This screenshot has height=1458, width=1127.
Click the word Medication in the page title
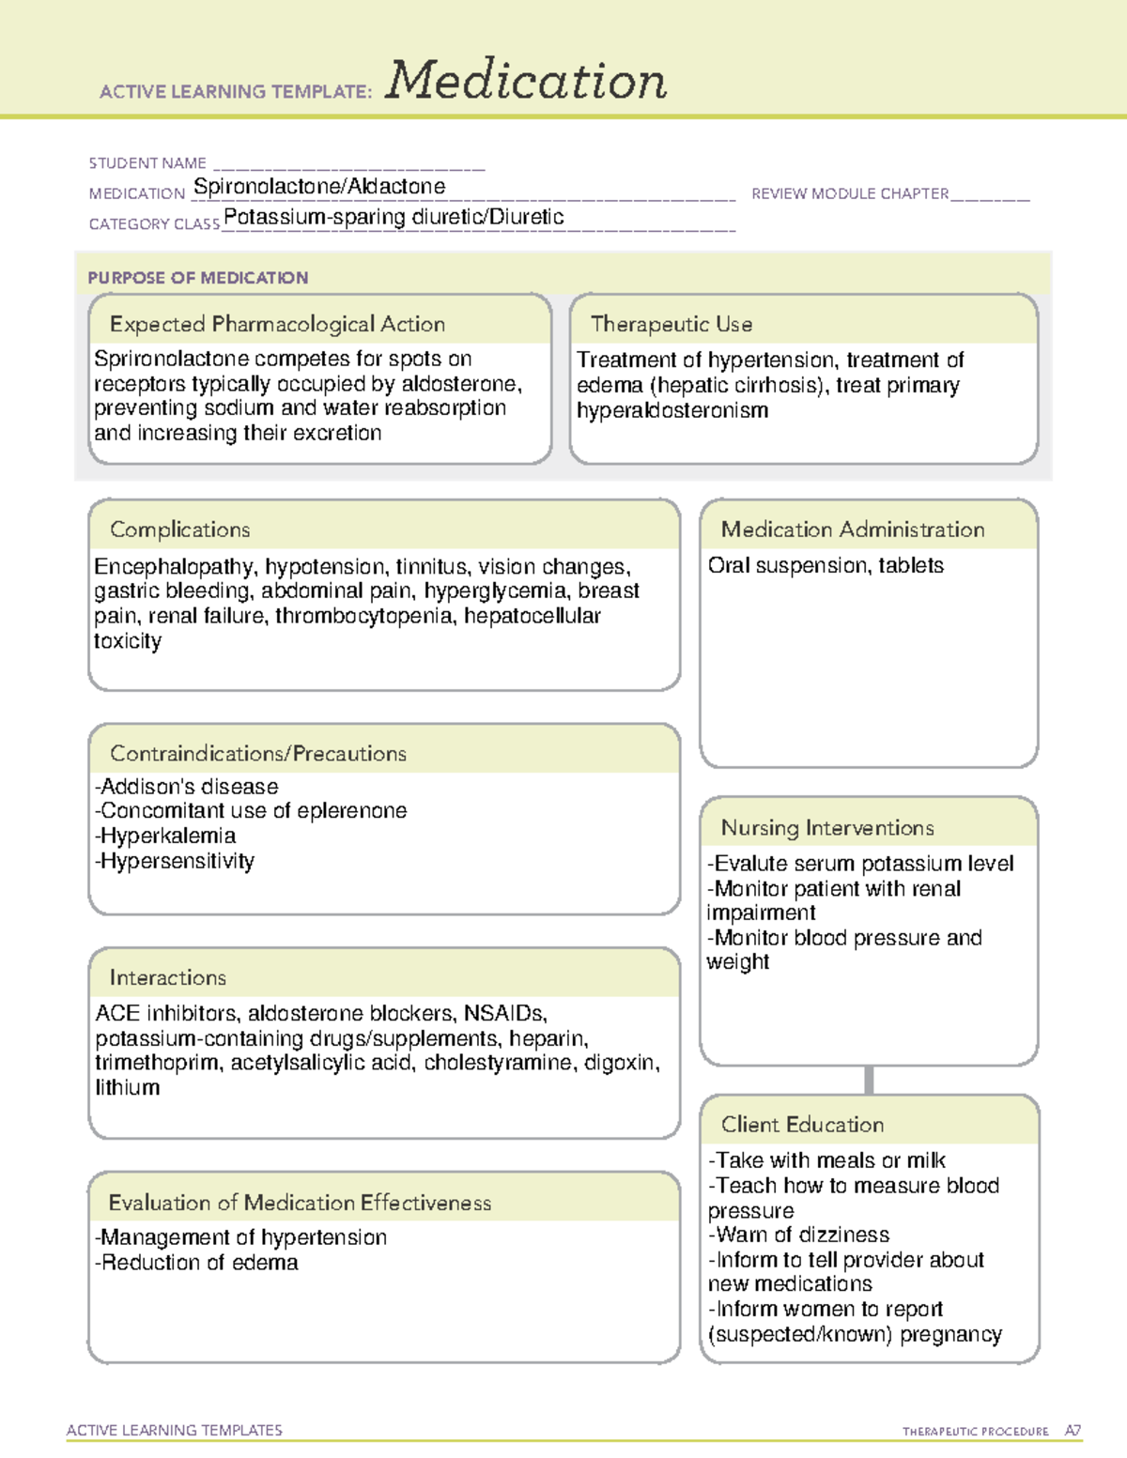point(526,81)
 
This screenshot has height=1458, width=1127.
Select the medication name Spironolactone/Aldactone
point(319,187)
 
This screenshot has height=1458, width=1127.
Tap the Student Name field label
point(147,163)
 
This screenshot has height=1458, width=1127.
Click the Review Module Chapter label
point(850,193)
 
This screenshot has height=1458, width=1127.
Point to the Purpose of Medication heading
point(198,278)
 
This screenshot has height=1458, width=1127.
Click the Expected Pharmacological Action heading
point(277,324)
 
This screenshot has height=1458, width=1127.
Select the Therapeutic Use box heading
point(672,324)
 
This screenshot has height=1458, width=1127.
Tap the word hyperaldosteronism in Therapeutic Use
point(672,410)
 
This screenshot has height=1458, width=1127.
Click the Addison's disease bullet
point(187,786)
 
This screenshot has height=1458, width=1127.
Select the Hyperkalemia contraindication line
point(165,836)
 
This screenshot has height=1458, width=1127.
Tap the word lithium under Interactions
point(127,1087)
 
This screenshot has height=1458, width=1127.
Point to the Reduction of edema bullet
point(196,1263)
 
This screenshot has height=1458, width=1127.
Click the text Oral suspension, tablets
point(826,565)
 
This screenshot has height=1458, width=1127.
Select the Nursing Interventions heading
point(827,828)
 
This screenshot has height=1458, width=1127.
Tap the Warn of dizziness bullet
point(799,1235)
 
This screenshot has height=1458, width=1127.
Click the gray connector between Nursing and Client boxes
point(869,1080)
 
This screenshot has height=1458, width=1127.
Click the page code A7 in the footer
point(1073,1431)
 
